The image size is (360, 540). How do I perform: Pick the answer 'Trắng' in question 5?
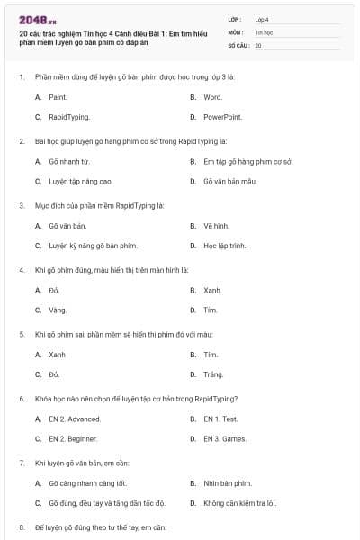coord(213,374)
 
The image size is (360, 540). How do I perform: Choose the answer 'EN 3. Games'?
coord(224,439)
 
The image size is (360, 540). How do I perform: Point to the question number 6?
coord(21,398)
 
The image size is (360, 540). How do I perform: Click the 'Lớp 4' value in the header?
coord(262,19)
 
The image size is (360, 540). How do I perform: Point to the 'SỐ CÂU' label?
coord(238,45)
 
